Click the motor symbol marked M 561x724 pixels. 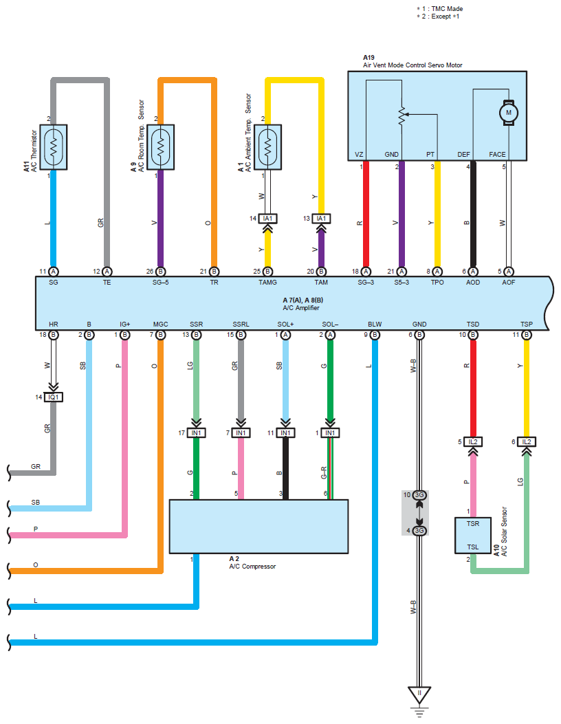click(509, 112)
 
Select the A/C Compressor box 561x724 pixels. click(258, 526)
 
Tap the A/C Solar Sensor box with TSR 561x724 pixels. click(472, 535)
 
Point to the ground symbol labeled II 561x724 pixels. click(419, 692)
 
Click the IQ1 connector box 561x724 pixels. click(54, 397)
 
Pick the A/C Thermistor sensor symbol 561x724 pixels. click(54, 146)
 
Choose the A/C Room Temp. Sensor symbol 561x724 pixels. click(160, 146)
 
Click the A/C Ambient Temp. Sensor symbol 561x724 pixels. click(268, 146)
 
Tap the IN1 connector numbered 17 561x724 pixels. click(197, 432)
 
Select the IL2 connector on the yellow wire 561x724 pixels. click(526, 441)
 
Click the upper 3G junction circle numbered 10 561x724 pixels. click(419, 495)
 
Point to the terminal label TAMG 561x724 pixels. click(267, 283)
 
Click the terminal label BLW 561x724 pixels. click(375, 323)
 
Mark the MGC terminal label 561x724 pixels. click(160, 323)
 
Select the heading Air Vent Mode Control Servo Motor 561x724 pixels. click(412, 65)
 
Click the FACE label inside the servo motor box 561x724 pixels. click(497, 155)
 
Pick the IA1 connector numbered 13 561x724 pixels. click(320, 219)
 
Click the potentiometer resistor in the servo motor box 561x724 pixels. click(401, 116)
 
